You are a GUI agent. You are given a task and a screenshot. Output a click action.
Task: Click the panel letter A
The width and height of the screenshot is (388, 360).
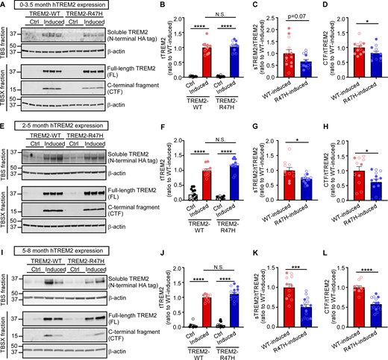coord(4,6)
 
